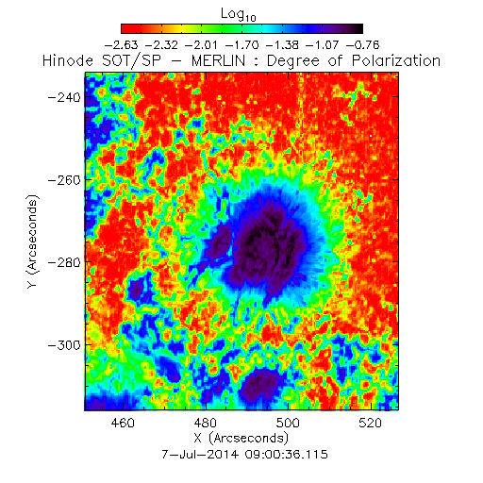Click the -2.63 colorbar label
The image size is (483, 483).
[121, 45]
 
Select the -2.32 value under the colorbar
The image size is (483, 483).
[161, 45]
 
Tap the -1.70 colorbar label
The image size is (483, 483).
[242, 45]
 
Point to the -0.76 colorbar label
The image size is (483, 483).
[363, 45]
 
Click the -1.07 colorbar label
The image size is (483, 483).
[323, 45]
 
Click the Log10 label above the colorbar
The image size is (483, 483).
[239, 15]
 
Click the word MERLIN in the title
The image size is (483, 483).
[218, 60]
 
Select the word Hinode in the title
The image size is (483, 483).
[68, 60]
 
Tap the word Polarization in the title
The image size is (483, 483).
[396, 60]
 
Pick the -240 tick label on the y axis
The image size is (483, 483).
[64, 97]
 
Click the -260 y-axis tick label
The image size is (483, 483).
[64, 180]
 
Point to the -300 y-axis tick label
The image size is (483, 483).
[64, 345]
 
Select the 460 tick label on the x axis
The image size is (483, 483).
[123, 423]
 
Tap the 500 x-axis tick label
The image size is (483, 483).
[288, 423]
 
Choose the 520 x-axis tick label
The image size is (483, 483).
[371, 423]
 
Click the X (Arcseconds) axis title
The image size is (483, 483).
[241, 438]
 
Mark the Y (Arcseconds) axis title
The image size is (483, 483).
[32, 241]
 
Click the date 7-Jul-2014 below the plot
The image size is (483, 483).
[200, 455]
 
